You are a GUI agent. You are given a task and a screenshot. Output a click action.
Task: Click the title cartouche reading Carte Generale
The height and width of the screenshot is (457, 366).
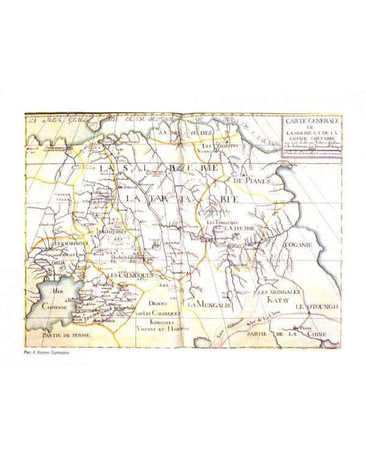pyautogui.click(x=310, y=138)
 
